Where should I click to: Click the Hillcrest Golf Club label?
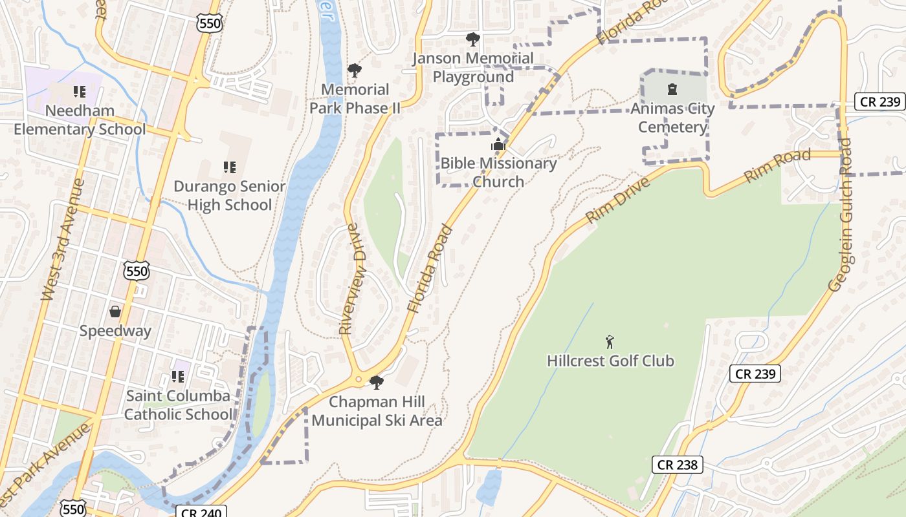click(610, 361)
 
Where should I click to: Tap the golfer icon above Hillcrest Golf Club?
click(609, 341)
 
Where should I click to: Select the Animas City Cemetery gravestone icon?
click(672, 89)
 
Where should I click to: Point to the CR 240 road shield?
click(201, 512)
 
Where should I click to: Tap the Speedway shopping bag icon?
click(115, 311)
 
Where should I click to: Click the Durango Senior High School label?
click(229, 195)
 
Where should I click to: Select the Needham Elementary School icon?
click(79, 92)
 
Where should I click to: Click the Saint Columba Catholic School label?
click(178, 405)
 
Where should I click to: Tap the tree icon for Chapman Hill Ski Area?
click(376, 383)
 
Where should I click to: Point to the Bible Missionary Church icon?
click(498, 143)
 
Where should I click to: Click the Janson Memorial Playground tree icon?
click(473, 39)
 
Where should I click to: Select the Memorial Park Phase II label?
click(355, 98)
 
